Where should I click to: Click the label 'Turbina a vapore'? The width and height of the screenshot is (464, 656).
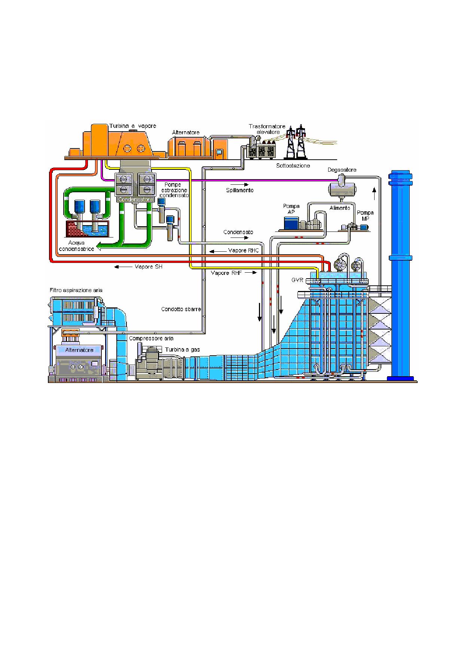[x=132, y=126]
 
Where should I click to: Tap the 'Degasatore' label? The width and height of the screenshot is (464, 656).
[x=342, y=170]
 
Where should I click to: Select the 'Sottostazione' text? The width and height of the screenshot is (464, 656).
[x=293, y=165]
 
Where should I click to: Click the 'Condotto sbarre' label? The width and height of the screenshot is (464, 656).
[x=181, y=309]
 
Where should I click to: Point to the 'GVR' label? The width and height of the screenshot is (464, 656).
[x=297, y=280]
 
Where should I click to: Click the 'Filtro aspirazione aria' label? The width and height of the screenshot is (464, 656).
[x=76, y=290]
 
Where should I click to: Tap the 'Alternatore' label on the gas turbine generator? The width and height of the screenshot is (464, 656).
[x=79, y=350]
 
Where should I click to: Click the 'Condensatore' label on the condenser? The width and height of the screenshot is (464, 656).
[x=135, y=199]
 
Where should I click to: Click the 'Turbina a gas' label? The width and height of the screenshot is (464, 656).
[x=183, y=350]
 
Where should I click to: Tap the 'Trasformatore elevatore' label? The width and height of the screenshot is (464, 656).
[x=267, y=129]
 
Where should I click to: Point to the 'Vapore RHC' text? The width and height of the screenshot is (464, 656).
[x=243, y=251]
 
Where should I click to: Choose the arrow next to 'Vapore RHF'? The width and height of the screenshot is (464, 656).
[x=252, y=273]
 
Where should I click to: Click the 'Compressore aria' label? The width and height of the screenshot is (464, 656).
[x=151, y=338]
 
